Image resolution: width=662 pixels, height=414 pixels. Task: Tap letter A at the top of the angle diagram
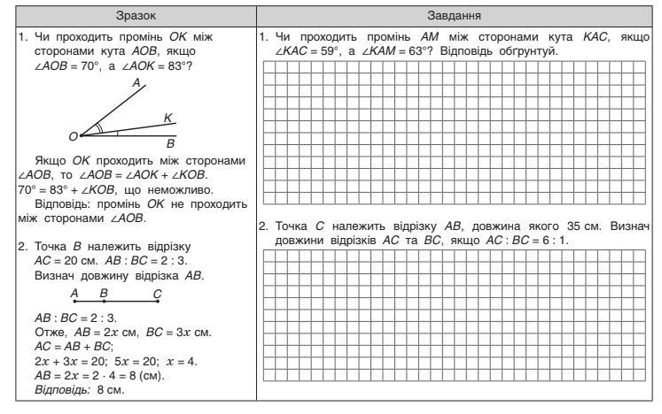pos(136,82)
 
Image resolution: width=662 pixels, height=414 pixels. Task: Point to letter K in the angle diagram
pos(167,118)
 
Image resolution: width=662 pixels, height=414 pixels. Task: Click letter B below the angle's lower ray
pos(171,142)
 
